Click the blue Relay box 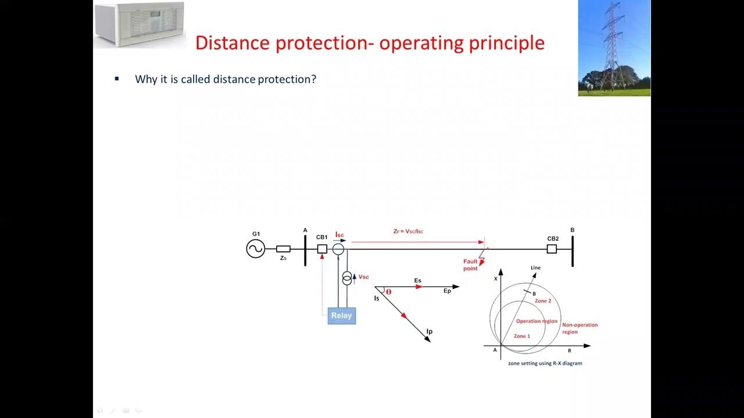[x=341, y=315]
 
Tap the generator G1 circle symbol [x=255, y=249]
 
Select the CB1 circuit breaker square [x=322, y=249]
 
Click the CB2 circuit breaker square [x=552, y=249]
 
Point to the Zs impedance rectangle [x=283, y=249]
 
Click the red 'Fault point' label [x=470, y=265]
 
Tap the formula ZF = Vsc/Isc [x=408, y=231]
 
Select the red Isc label [x=339, y=234]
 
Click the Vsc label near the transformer [x=363, y=277]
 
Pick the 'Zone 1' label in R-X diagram [x=521, y=336]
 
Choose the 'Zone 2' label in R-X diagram [x=543, y=301]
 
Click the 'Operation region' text [x=536, y=321]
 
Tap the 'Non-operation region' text [x=580, y=329]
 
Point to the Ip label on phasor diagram [x=429, y=331]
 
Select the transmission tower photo [x=614, y=48]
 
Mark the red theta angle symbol [x=388, y=292]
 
